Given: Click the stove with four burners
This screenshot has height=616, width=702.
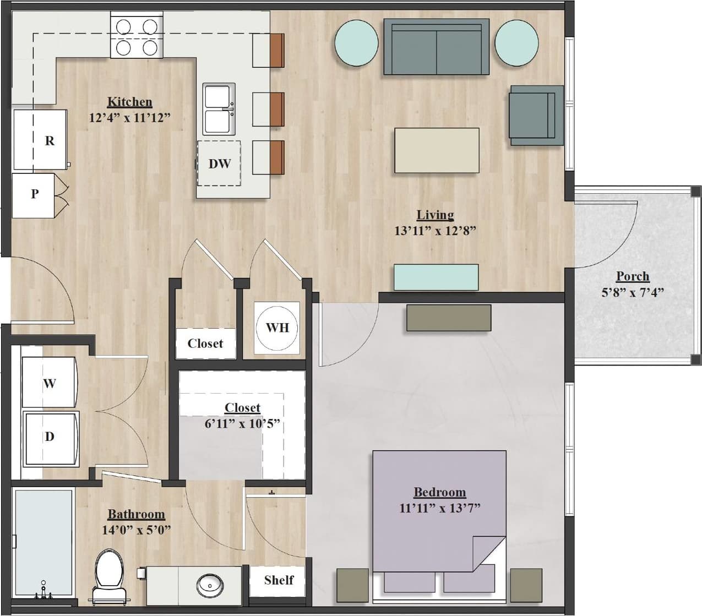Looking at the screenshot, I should (x=137, y=37).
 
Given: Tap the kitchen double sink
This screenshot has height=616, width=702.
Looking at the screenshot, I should (x=219, y=109).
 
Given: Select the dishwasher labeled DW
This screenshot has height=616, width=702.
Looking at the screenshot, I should (x=219, y=163).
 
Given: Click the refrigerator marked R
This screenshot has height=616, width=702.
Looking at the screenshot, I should (x=40, y=140).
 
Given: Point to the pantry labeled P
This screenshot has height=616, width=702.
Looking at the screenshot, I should (x=34, y=194).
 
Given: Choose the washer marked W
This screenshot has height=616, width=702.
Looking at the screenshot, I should (x=48, y=383).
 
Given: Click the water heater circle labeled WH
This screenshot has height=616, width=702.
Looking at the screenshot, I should (x=277, y=328).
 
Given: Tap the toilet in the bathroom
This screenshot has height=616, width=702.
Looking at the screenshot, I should (x=109, y=573).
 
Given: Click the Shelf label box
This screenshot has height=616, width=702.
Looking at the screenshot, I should (x=278, y=580).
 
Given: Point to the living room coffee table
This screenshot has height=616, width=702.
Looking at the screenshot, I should (x=437, y=150).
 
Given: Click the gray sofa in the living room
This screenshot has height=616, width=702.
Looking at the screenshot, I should (x=436, y=47).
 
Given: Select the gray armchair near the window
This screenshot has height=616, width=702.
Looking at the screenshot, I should (x=535, y=115).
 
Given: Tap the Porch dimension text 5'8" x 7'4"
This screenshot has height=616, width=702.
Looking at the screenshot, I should (x=633, y=292).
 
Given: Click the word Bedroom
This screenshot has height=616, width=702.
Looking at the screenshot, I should (x=439, y=492).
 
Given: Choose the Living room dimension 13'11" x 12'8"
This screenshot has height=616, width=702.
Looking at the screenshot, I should (x=434, y=231).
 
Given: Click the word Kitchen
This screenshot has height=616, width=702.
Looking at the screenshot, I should (x=129, y=102).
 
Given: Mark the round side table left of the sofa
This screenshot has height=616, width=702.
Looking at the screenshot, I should (x=356, y=43).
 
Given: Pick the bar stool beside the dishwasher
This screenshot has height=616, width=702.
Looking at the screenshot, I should (x=269, y=157).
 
